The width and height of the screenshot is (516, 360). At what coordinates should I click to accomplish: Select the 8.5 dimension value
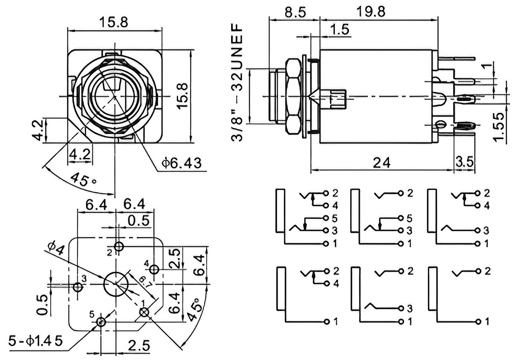(x=295, y=11)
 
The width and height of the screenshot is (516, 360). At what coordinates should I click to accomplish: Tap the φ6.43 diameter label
(x=181, y=163)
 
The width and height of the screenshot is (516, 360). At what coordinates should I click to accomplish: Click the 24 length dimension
(x=382, y=163)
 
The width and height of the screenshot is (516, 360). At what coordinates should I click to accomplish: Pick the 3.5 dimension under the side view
(x=465, y=162)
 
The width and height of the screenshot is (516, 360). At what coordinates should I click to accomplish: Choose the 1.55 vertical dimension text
(x=498, y=127)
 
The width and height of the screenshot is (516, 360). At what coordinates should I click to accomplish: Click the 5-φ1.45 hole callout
(x=35, y=341)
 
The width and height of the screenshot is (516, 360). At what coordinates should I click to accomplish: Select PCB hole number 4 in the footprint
(x=154, y=269)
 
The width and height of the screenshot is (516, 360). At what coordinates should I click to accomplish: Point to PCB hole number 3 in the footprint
(x=78, y=287)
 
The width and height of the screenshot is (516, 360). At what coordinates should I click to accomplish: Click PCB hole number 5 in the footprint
(x=101, y=322)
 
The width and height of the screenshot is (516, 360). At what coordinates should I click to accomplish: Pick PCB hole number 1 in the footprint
(x=145, y=312)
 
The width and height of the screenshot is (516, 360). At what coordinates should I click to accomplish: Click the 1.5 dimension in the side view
(x=340, y=29)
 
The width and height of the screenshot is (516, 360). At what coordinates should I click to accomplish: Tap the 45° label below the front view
(x=83, y=180)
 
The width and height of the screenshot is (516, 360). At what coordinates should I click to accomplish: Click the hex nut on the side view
(x=293, y=97)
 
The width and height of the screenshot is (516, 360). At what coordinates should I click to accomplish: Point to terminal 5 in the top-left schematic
(x=326, y=218)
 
